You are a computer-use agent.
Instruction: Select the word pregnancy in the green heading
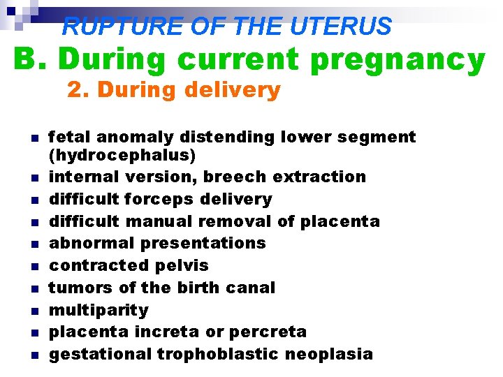397,60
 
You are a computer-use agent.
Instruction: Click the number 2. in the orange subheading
78,90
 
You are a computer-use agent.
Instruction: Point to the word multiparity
98,310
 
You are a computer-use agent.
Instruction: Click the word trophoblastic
218,354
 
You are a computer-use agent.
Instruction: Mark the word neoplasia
328,354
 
